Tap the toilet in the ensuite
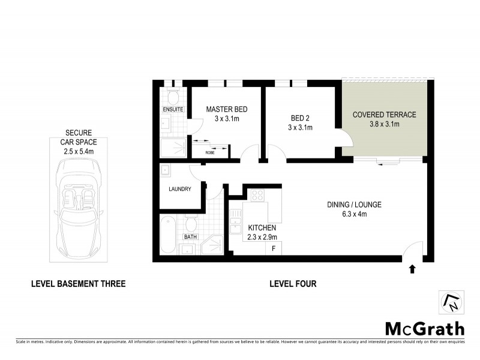coord(173,96)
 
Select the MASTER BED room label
coord(226,109)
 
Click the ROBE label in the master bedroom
coord(210,152)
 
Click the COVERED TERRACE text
coord(384,115)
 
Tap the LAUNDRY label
coord(179,189)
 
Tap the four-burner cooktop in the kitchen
coord(257,196)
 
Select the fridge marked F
coord(274,247)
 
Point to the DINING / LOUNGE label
coord(354,205)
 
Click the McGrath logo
coord(424,328)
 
